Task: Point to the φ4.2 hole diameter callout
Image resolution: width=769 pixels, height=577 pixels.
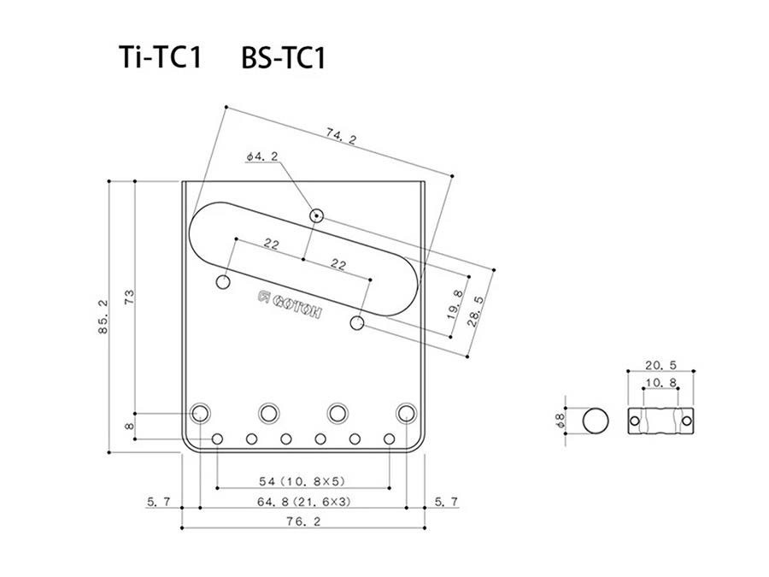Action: click(x=260, y=156)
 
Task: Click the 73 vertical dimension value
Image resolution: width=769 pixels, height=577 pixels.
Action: click(x=129, y=297)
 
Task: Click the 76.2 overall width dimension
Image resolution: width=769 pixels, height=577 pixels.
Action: click(x=303, y=520)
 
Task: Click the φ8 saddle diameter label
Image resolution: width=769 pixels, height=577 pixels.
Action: click(x=561, y=421)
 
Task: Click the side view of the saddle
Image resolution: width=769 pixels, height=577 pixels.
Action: click(x=659, y=421)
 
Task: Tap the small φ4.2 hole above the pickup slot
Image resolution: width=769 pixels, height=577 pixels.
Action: click(x=317, y=215)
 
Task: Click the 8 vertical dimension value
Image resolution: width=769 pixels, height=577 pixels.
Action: click(x=129, y=426)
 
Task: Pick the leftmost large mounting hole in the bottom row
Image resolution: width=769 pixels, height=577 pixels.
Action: click(x=202, y=413)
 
